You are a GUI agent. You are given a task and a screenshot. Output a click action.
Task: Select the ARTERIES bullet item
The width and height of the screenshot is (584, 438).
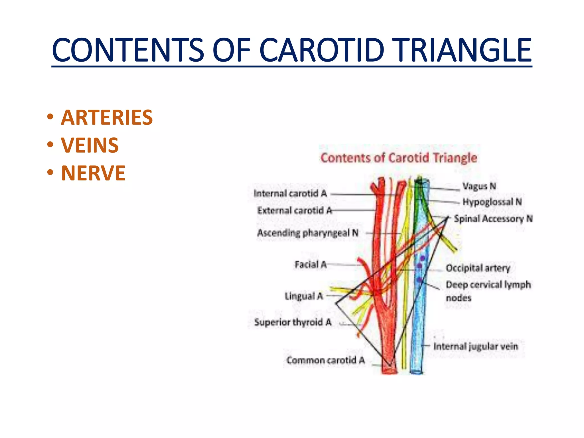(x=107, y=117)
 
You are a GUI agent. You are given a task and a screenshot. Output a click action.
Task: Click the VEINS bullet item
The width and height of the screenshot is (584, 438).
(x=90, y=145)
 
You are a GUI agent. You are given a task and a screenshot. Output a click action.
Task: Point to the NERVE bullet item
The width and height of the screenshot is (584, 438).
(x=93, y=173)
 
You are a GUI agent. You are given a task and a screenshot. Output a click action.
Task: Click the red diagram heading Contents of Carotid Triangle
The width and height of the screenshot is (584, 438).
(x=399, y=158)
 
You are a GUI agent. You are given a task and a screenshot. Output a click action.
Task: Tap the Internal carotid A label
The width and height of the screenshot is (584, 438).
(x=290, y=194)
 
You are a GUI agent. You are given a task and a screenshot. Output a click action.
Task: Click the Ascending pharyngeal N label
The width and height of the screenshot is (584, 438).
(x=308, y=233)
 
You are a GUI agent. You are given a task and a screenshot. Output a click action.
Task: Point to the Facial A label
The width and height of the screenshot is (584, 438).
(x=310, y=265)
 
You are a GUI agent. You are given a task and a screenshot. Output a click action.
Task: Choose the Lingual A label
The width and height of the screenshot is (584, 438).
(x=304, y=296)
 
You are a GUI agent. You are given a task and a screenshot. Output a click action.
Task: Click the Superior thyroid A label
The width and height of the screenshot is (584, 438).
(x=293, y=322)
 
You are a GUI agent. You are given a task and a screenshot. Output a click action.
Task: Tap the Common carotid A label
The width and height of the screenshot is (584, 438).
(x=325, y=360)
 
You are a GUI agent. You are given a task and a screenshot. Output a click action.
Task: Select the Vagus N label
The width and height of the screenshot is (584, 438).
(x=479, y=186)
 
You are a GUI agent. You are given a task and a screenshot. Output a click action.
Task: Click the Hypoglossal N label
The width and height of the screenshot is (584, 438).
(x=492, y=202)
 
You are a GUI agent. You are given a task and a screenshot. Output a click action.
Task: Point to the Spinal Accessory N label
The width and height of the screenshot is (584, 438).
(x=493, y=219)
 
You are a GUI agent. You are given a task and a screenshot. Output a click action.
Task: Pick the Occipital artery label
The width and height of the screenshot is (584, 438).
(x=478, y=268)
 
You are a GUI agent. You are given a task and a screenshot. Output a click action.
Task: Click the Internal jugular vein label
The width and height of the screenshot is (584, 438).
(x=476, y=346)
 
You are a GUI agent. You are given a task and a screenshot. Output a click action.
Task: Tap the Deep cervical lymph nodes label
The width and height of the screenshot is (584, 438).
(x=488, y=291)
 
